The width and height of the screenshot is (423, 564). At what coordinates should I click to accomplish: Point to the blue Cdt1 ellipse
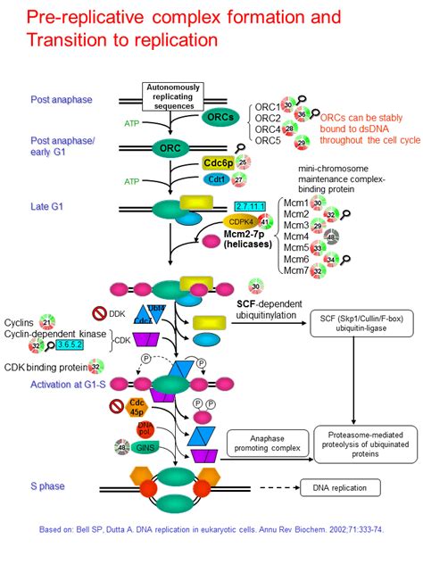coord(213,179)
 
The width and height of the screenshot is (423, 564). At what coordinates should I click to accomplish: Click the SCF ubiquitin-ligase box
coord(358,326)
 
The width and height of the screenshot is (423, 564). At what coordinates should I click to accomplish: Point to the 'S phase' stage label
coord(50,486)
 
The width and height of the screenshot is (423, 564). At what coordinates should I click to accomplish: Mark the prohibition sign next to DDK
coord(104,313)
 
